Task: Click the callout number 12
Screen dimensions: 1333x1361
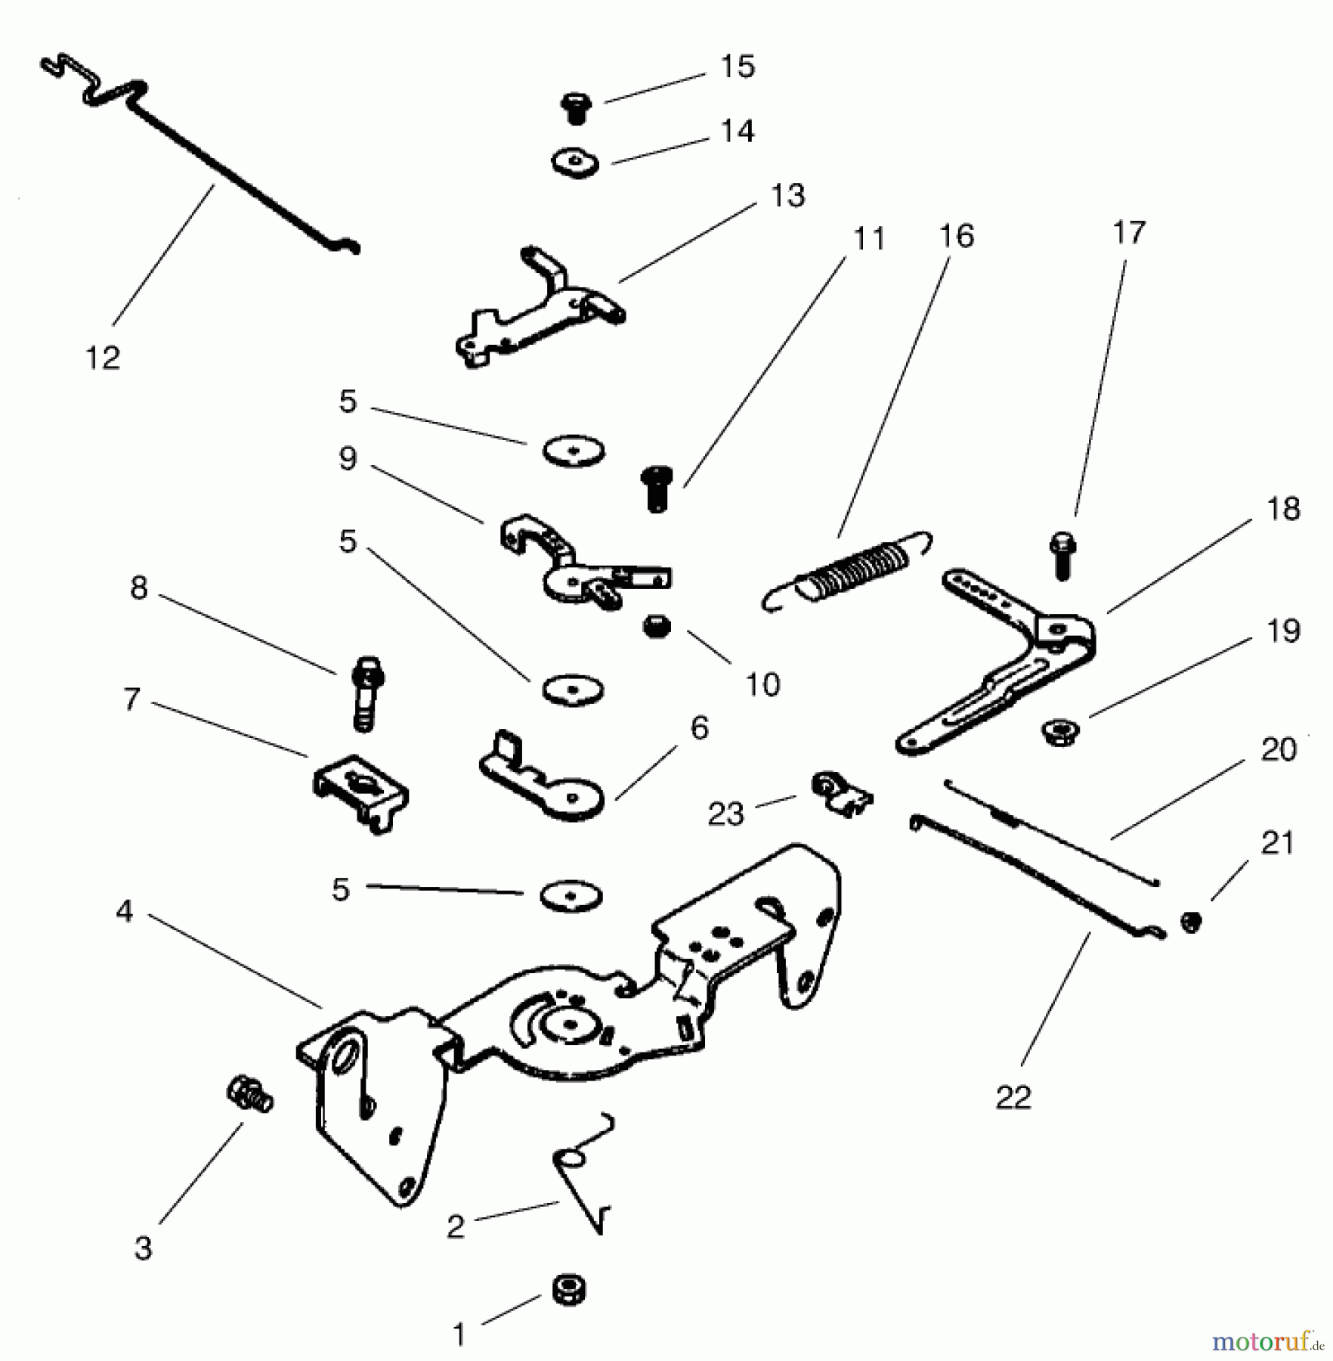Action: pyautogui.click(x=103, y=357)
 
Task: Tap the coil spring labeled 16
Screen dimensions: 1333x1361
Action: pyautogui.click(x=846, y=571)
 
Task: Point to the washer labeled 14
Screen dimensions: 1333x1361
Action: pyautogui.click(x=574, y=163)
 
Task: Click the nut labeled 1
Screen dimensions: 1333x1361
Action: pyautogui.click(x=568, y=1289)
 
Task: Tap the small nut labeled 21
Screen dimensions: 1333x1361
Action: pyautogui.click(x=1192, y=922)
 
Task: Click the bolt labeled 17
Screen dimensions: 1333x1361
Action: pyautogui.click(x=1063, y=556)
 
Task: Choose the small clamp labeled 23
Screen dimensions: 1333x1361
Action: pyautogui.click(x=841, y=793)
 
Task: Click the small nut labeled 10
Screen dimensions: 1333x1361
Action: pyautogui.click(x=656, y=626)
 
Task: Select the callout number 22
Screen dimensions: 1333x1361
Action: pyautogui.click(x=1013, y=1097)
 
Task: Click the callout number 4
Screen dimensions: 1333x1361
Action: pyautogui.click(x=125, y=911)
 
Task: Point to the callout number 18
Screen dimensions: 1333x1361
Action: pyautogui.click(x=1283, y=509)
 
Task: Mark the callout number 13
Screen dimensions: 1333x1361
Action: pyautogui.click(x=787, y=196)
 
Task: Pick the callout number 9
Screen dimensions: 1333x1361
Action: pyautogui.click(x=348, y=458)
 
